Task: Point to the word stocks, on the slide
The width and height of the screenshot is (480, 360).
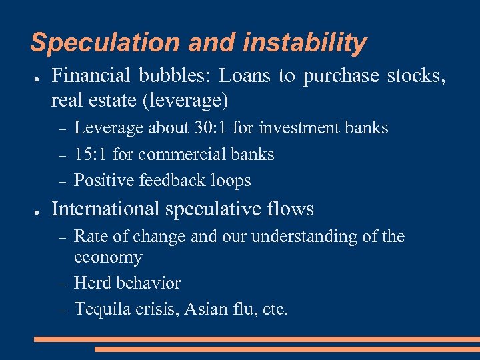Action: (x=417, y=77)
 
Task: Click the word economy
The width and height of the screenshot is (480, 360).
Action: (x=108, y=257)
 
